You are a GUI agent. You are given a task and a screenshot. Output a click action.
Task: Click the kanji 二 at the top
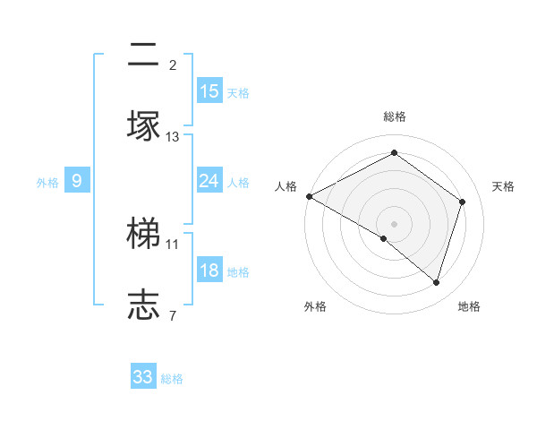pyautogui.click(x=144, y=56)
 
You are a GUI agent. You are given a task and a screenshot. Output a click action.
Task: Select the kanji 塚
pyautogui.click(x=144, y=125)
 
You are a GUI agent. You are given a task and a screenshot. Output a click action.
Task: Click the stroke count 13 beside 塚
pyautogui.click(x=173, y=137)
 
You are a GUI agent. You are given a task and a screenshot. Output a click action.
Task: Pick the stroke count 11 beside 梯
pyautogui.click(x=173, y=244)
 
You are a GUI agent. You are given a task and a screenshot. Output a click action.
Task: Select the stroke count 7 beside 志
pyautogui.click(x=173, y=314)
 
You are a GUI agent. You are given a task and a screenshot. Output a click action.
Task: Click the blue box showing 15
pyautogui.click(x=209, y=91)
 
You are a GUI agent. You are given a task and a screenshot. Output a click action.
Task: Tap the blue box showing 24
pyautogui.click(x=209, y=182)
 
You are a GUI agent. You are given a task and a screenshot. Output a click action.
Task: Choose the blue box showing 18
pyautogui.click(x=209, y=271)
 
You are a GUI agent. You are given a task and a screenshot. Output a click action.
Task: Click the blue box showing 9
pyautogui.click(x=77, y=182)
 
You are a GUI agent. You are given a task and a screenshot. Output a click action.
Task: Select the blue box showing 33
pyautogui.click(x=143, y=377)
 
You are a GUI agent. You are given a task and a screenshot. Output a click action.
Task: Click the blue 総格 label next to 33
pyautogui.click(x=173, y=379)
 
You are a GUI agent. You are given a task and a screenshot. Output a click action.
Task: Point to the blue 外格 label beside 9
pyautogui.click(x=47, y=183)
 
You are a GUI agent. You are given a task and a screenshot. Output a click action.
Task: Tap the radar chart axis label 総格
pyautogui.click(x=395, y=117)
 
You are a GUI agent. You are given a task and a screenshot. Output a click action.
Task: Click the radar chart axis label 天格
pyautogui.click(x=504, y=186)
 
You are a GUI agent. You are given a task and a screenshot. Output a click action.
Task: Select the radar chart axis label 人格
pyautogui.click(x=286, y=186)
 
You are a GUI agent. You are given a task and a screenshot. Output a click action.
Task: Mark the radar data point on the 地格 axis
pyautogui.click(x=437, y=283)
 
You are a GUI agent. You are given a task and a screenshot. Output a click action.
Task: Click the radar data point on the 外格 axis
pyautogui.click(x=384, y=238)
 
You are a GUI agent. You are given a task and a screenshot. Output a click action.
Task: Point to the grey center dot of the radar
pyautogui.click(x=395, y=223)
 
